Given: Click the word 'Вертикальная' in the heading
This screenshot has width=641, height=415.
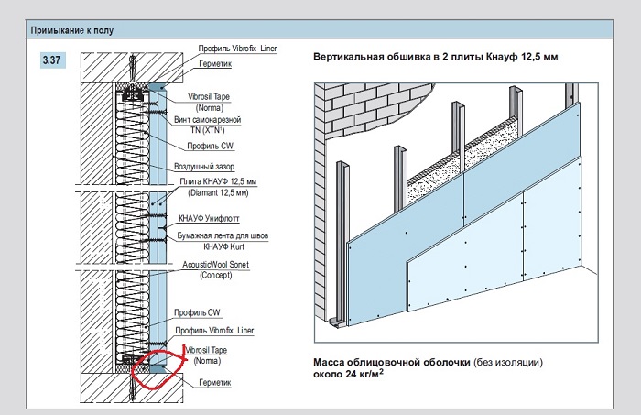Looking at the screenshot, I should tap(349, 57).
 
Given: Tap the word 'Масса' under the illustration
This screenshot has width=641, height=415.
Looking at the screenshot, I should tap(329, 362).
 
